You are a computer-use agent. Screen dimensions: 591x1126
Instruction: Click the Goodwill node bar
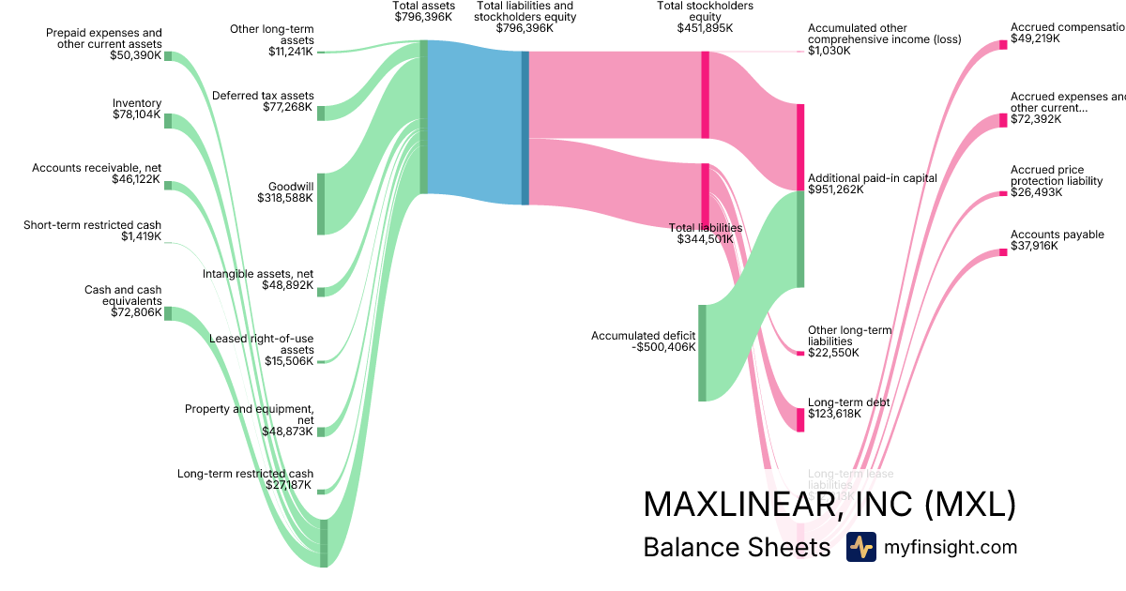point(321,204)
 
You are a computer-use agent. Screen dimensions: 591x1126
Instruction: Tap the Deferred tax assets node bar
point(321,114)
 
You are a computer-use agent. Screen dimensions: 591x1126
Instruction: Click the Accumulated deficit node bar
point(701,353)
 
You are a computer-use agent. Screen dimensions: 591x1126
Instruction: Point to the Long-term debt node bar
point(800,419)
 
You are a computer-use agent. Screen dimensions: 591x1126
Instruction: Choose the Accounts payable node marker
point(1002,251)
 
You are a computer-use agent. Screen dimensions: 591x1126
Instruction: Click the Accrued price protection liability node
point(1002,194)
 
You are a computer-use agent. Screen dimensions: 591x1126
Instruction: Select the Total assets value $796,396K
point(423,16)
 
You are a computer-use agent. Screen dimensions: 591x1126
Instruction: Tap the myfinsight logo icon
point(860,547)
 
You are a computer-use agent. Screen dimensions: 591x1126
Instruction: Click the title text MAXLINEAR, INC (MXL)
point(829,504)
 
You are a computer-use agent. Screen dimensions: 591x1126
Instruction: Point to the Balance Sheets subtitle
point(737,547)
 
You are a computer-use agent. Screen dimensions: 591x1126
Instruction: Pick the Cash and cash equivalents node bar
point(168,313)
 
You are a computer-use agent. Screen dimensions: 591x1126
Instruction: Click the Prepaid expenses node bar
point(168,56)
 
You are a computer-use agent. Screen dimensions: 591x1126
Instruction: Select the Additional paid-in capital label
point(873,183)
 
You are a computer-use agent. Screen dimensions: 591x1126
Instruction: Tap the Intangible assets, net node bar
point(321,292)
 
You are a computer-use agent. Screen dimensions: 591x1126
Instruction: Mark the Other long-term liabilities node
point(800,354)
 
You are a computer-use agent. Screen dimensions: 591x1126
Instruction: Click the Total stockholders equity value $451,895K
point(705,28)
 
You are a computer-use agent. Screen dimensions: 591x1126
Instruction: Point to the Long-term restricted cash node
point(321,492)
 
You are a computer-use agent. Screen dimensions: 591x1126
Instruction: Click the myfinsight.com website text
point(951,547)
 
